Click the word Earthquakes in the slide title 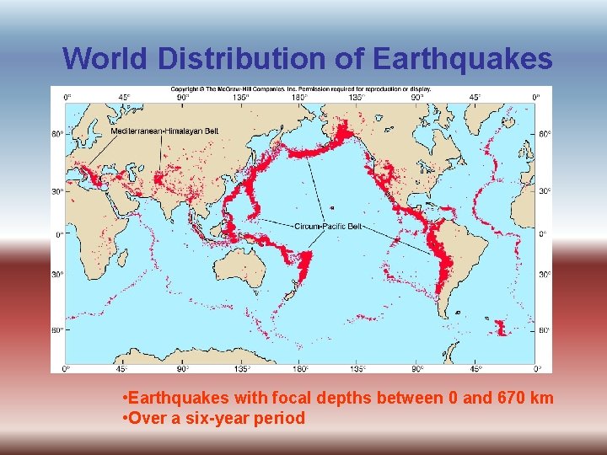tap(462, 59)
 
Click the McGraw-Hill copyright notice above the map tap(302, 88)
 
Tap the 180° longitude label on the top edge tap(299, 97)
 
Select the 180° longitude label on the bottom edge tap(299, 368)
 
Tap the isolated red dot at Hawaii tap(331, 206)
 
